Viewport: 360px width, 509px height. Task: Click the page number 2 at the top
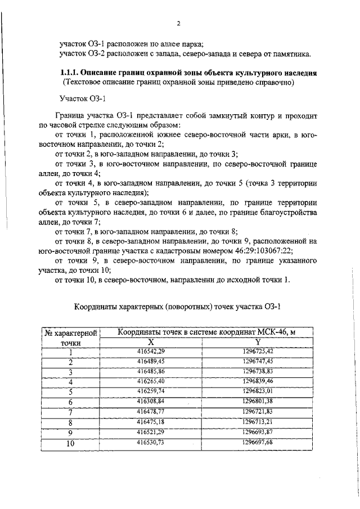[x=178, y=23]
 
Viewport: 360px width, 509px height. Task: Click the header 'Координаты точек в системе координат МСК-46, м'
[x=206, y=332]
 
